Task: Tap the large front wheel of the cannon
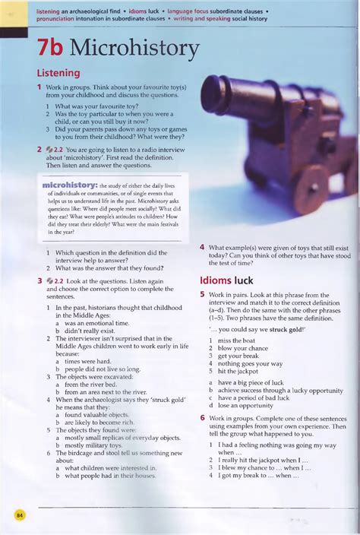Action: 311,188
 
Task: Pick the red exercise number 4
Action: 203,248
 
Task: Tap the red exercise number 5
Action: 203,295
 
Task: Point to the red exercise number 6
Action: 203,418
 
